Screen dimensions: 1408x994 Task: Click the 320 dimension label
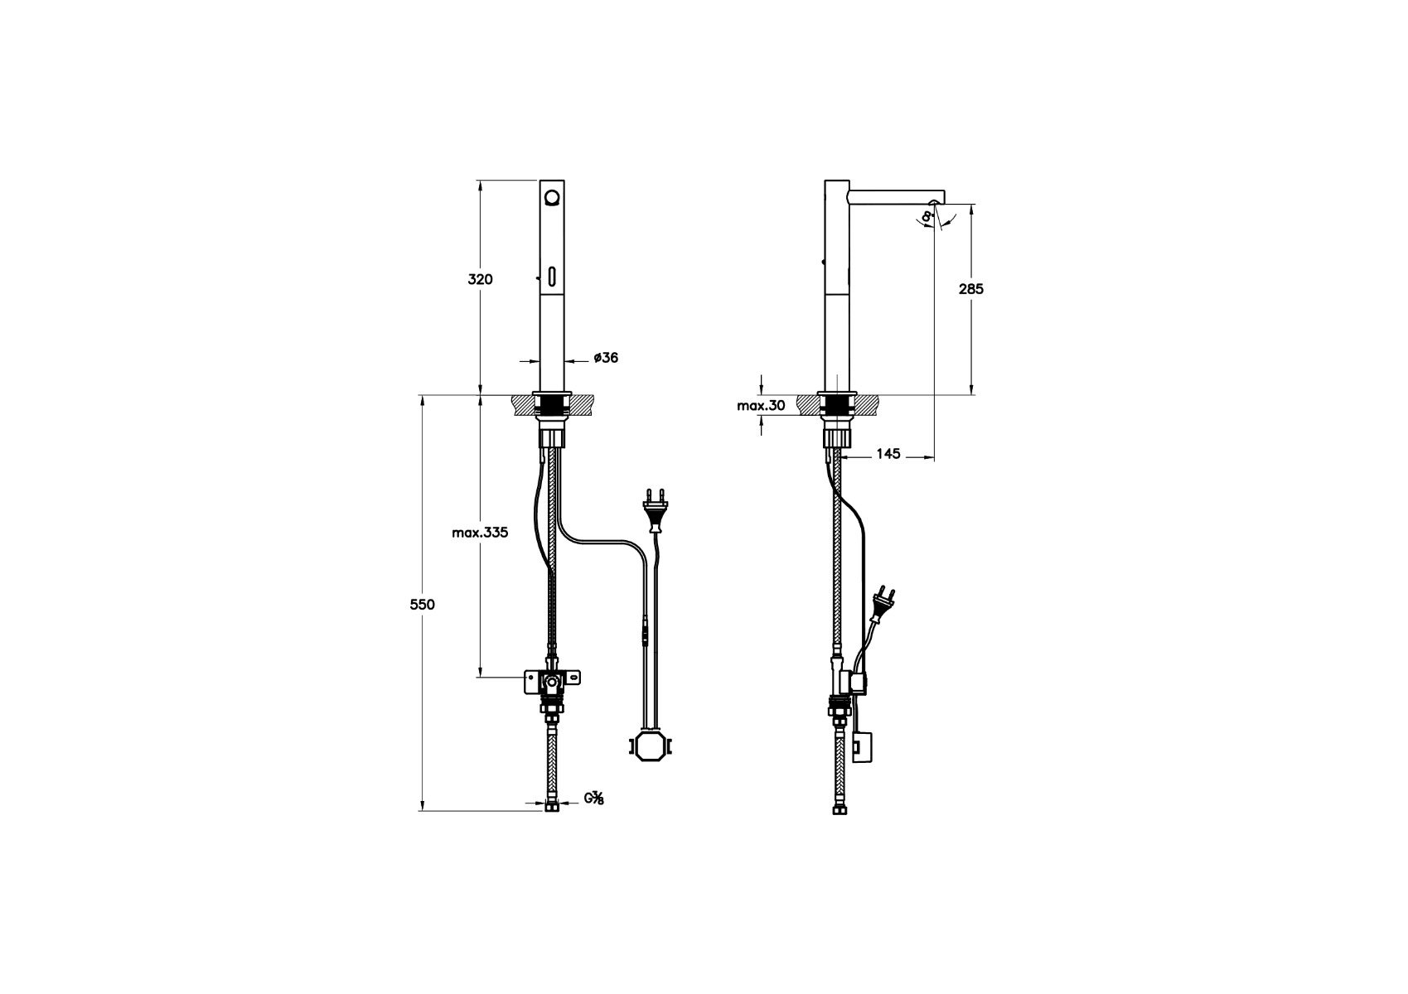(x=480, y=280)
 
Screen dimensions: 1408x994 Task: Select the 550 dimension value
(x=423, y=605)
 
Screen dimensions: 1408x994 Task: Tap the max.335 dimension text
(x=480, y=533)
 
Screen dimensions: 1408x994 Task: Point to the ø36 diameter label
(x=606, y=358)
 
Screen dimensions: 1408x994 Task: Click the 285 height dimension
(x=971, y=289)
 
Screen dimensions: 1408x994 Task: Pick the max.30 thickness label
(x=761, y=406)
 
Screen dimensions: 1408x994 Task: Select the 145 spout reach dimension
(x=888, y=454)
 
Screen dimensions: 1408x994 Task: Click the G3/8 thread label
(x=594, y=799)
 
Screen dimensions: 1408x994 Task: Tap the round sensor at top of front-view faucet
(x=552, y=198)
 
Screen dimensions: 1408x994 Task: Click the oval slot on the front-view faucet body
(x=552, y=277)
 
